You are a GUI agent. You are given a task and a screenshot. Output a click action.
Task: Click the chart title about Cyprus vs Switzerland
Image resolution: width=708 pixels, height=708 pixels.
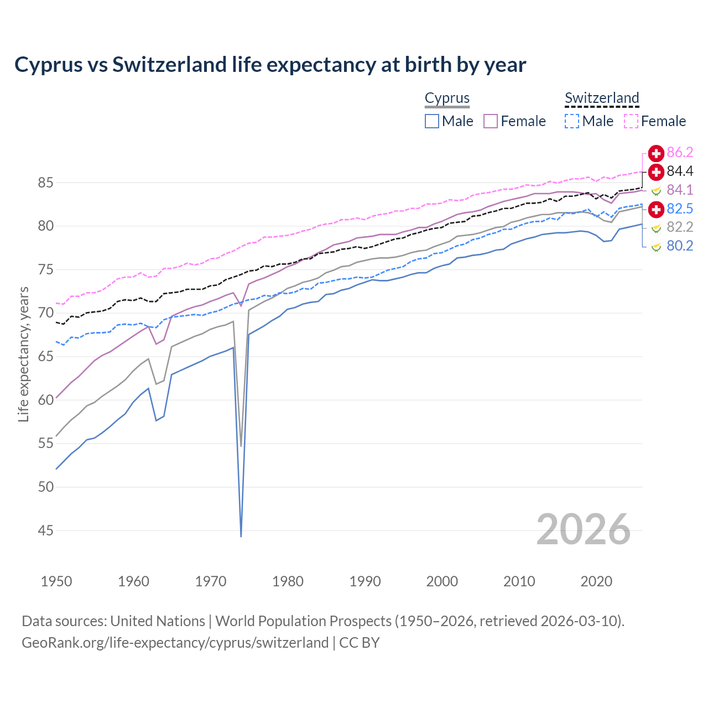(x=270, y=65)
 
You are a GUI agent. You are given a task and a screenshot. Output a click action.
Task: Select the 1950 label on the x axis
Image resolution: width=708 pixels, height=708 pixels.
(x=56, y=581)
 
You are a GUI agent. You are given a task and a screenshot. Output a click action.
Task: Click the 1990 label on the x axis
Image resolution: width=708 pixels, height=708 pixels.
(x=365, y=581)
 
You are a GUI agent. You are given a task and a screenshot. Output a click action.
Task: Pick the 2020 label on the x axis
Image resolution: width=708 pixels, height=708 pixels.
(x=596, y=581)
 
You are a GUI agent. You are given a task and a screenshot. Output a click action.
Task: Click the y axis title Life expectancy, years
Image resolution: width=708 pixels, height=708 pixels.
(x=23, y=354)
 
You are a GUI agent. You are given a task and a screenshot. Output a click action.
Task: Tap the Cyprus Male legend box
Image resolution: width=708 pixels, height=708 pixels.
(x=432, y=121)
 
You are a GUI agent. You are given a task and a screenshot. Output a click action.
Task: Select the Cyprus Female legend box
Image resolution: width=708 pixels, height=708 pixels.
(x=491, y=121)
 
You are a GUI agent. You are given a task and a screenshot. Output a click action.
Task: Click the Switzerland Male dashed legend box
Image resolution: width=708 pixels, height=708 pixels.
(x=572, y=121)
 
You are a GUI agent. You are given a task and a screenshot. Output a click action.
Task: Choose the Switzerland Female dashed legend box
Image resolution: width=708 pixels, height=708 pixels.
(x=631, y=121)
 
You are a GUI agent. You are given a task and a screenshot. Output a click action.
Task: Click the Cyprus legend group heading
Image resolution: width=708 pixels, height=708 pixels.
(x=447, y=98)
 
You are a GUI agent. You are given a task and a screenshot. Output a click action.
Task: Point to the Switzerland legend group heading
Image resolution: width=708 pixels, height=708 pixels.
(x=602, y=98)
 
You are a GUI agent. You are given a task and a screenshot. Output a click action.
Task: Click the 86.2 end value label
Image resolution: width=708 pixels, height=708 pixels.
(x=680, y=153)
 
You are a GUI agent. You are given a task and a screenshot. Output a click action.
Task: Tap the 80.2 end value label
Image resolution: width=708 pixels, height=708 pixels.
(x=680, y=246)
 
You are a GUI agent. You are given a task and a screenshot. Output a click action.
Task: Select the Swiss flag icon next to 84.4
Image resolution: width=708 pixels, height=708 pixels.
(x=656, y=171)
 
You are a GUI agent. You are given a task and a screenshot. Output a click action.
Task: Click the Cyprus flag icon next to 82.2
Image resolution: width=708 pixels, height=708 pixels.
(x=656, y=227)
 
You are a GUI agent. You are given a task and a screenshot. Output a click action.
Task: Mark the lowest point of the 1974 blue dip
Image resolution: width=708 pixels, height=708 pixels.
(x=241, y=536)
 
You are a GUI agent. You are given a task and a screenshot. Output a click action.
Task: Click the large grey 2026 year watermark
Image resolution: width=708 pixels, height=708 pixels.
(x=583, y=529)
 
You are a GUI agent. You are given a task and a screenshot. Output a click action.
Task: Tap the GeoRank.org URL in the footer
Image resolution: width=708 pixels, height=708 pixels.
(x=175, y=643)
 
